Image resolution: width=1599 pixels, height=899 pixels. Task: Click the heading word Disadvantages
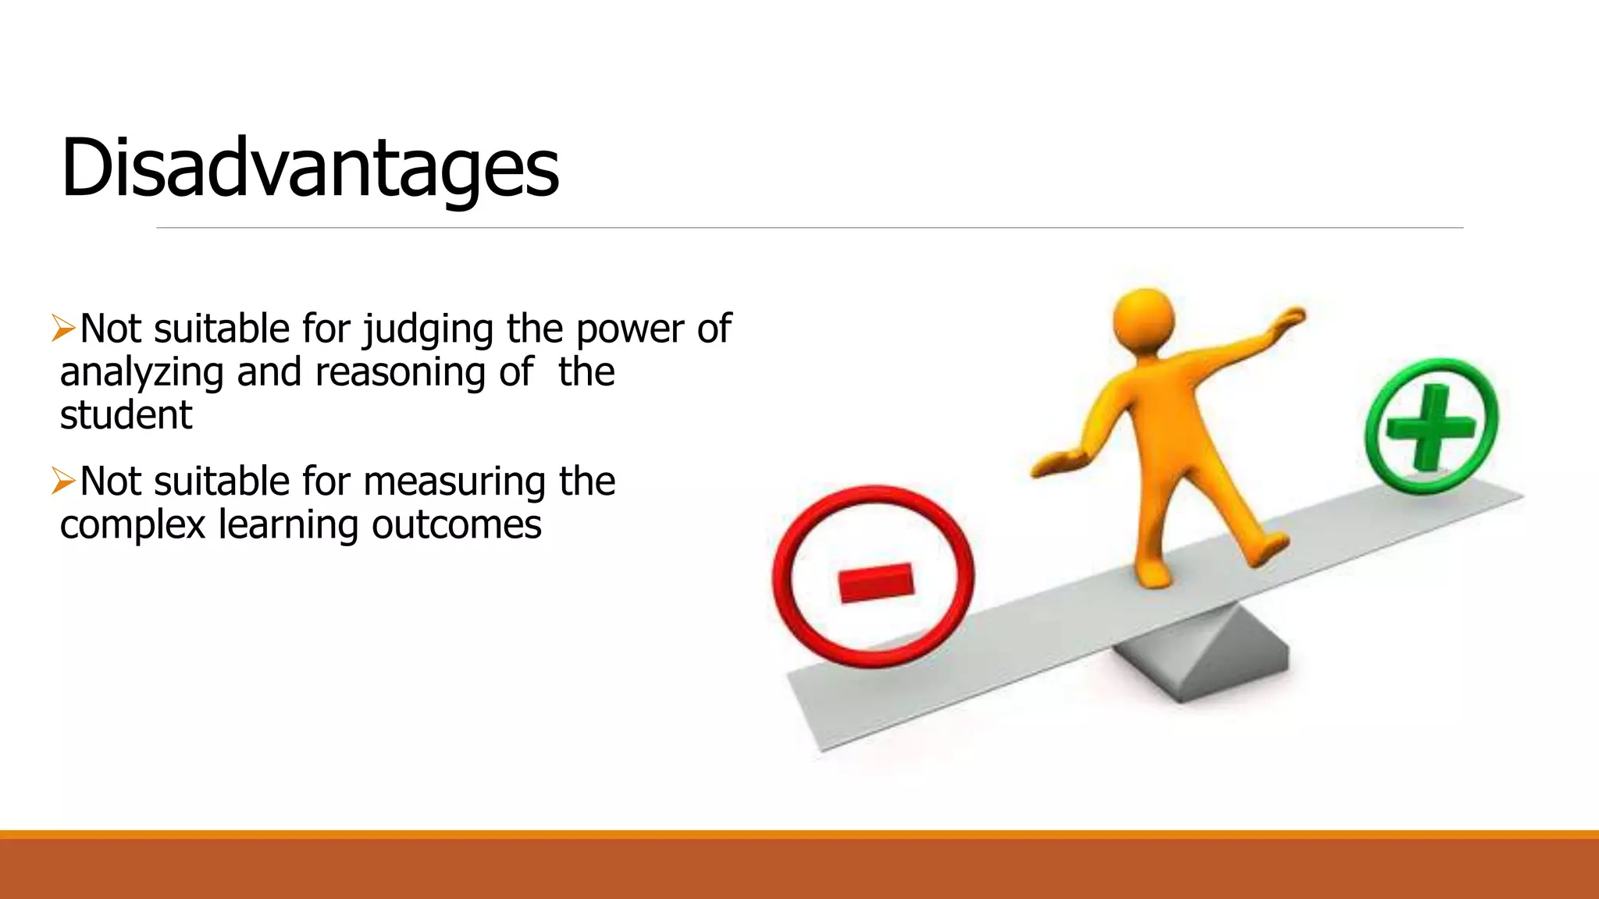pyautogui.click(x=309, y=168)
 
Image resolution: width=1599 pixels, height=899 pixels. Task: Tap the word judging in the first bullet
pyautogui.click(x=429, y=329)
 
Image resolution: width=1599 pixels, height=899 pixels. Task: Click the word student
pyautogui.click(x=126, y=415)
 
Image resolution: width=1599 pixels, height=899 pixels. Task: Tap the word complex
pyautogui.click(x=134, y=525)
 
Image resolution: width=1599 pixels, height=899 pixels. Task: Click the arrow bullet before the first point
pyautogui.click(x=63, y=328)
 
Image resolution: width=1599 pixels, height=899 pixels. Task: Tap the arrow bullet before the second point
pyautogui.click(x=63, y=481)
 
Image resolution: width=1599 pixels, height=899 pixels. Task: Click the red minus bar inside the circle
pyautogui.click(x=875, y=582)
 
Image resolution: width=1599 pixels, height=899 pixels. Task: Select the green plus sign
pyautogui.click(x=1431, y=426)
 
